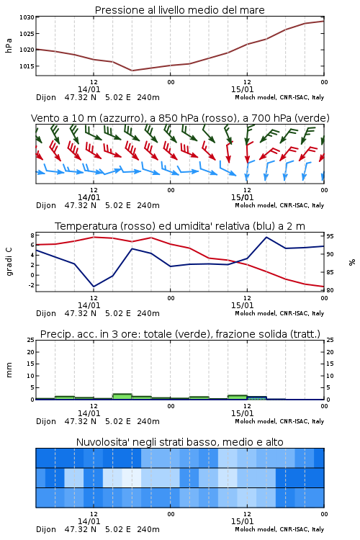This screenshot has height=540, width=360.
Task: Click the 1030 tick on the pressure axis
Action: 27,17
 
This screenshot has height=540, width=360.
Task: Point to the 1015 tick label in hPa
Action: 27,66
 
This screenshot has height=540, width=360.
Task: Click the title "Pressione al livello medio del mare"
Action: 180,10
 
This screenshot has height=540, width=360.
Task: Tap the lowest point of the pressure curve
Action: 132,71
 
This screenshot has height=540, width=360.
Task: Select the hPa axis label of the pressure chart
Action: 9,45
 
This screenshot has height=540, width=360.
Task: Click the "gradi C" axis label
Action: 9,262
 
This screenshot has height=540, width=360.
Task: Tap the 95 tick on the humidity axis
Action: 330,236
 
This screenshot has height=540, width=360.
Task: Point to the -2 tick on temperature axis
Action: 31,285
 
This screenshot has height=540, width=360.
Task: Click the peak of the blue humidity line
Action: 266,237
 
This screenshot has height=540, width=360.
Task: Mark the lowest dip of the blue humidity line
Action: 94,287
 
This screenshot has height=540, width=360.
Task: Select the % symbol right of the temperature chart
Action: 352,262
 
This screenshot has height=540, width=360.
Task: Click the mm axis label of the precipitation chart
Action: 9,370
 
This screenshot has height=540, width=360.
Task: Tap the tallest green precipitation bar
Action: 122,397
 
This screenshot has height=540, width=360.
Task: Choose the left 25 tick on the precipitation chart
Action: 31,340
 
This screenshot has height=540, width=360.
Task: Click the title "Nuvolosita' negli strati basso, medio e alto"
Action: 180,442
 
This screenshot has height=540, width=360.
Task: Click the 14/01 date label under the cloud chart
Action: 89,521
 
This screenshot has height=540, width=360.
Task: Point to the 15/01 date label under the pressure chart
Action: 242,89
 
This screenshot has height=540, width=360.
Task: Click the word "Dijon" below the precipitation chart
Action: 46,421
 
